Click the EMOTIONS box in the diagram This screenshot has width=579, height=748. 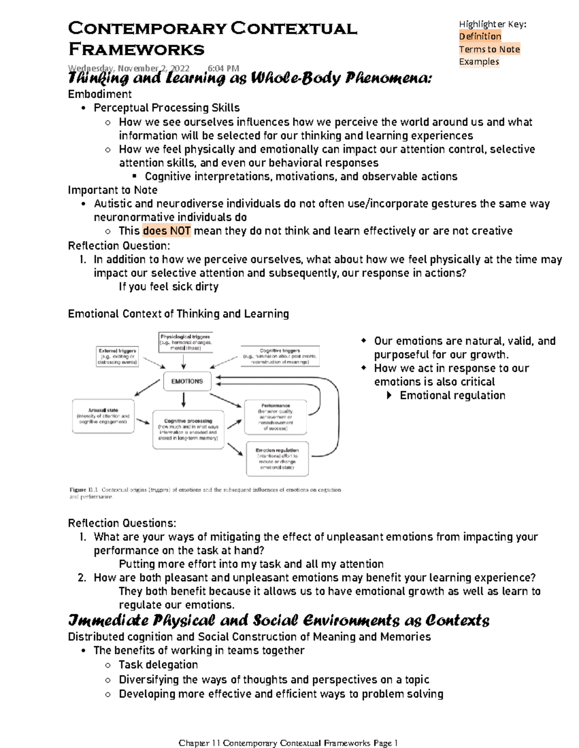coord(187,381)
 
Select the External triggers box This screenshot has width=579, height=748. coord(117,356)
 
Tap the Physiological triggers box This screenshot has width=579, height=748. coord(185,342)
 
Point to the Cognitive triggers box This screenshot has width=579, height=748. coord(280,356)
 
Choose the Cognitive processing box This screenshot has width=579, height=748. coord(188,430)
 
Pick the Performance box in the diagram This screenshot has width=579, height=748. coord(276,417)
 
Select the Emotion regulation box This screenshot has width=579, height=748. coord(277,459)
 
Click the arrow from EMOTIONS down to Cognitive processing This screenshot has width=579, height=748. coord(183,400)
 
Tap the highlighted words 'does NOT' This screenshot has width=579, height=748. coord(167,231)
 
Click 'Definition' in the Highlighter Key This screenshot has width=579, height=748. coord(480,36)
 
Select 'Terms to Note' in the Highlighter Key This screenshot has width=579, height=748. coord(489,49)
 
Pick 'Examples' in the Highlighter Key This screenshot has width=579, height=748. coord(479,62)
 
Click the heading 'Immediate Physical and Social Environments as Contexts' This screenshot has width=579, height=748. coord(278,620)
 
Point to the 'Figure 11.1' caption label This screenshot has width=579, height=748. coord(78,490)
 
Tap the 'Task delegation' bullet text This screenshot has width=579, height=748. coord(158,665)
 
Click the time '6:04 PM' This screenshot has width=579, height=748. coord(223,68)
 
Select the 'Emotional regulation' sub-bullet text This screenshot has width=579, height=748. coord(452,395)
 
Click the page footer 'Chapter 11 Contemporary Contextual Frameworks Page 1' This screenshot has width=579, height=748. coord(288,743)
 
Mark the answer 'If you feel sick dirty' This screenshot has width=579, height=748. coord(168,287)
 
